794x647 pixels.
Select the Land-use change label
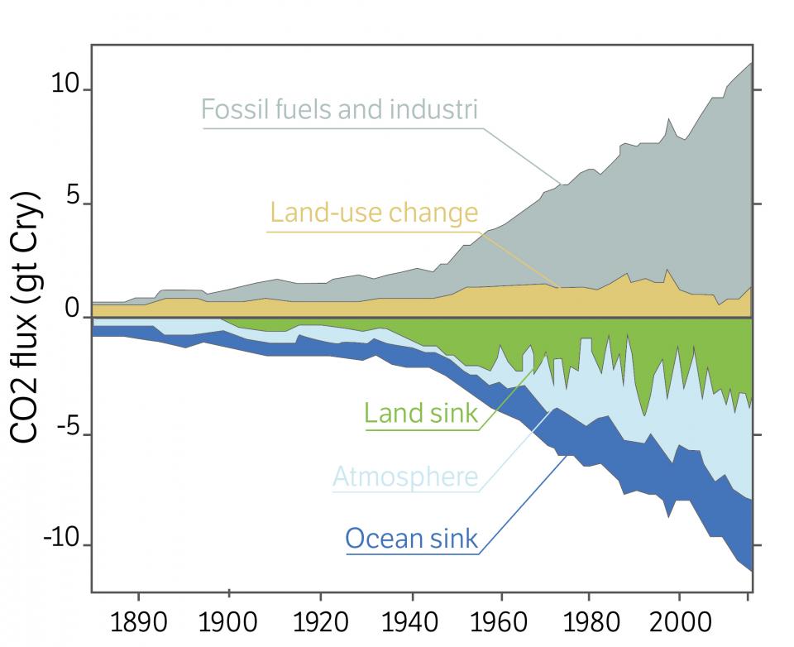375,213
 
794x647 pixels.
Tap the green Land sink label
421,413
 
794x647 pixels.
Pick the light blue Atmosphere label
405,477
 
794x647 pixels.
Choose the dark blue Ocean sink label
411,539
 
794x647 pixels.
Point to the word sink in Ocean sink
452,539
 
